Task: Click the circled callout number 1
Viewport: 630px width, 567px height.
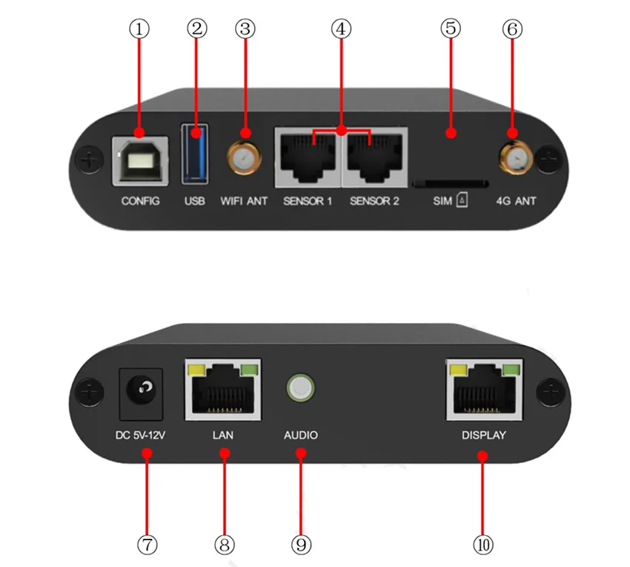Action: click(x=139, y=30)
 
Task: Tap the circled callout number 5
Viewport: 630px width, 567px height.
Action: click(x=451, y=30)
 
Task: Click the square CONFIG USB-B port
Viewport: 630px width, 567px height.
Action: click(x=141, y=160)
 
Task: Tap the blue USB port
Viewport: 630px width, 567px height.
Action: click(x=194, y=154)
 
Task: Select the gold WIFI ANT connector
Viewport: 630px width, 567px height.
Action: click(x=244, y=158)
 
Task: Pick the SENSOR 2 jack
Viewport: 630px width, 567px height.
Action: click(x=374, y=158)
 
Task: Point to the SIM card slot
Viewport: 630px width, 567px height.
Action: click(x=450, y=182)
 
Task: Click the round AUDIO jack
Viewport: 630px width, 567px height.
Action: click(x=300, y=388)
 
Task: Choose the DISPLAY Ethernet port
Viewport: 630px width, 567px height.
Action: click(x=484, y=391)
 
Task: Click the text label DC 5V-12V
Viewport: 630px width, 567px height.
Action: click(x=143, y=435)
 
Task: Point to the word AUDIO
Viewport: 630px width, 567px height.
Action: click(x=300, y=435)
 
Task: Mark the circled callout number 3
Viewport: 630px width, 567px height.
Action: click(x=245, y=30)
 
